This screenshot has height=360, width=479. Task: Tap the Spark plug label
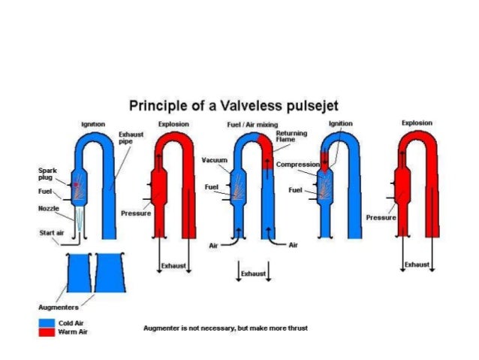pos(48,174)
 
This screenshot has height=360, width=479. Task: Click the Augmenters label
pos(59,307)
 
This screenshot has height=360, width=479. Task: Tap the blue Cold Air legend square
pos(47,322)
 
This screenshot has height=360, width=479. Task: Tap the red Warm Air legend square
pos(47,331)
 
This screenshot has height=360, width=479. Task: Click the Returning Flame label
pos(291,136)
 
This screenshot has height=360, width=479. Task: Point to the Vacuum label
pos(214,160)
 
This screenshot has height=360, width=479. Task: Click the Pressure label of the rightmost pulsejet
pos(381,216)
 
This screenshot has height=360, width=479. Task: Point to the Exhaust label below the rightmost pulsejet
pos(417,265)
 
